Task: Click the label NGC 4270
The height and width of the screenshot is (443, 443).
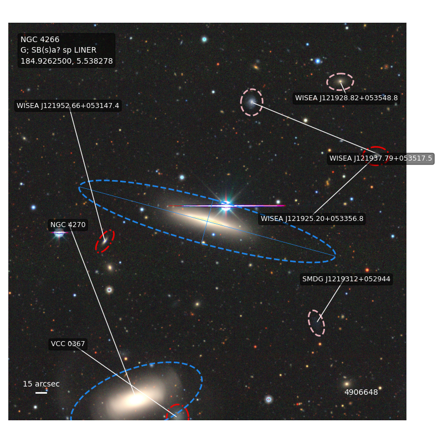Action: tap(68, 225)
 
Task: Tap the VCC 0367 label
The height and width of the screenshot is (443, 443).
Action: tap(68, 344)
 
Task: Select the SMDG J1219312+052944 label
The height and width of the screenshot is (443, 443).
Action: tap(346, 279)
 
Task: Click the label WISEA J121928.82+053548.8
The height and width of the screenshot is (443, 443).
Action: tap(347, 98)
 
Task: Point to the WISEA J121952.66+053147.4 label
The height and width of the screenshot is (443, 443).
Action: tap(68, 106)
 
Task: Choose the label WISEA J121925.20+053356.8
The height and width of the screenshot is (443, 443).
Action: tap(312, 219)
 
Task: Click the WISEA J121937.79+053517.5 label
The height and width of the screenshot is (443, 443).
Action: tap(381, 158)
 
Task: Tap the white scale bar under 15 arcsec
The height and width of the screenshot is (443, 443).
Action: tap(41, 393)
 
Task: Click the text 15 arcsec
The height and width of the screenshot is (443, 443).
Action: tap(41, 384)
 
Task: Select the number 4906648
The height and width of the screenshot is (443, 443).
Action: tap(361, 393)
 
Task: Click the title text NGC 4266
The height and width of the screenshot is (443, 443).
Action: tap(40, 39)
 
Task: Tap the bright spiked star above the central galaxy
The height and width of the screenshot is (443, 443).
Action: tap(226, 205)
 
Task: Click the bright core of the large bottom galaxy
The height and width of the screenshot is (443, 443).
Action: tap(136, 399)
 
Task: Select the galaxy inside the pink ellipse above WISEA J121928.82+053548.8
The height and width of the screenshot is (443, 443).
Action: tap(340, 81)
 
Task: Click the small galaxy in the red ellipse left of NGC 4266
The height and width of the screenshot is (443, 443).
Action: tap(105, 241)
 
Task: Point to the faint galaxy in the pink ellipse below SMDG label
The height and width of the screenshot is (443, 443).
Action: tap(316, 323)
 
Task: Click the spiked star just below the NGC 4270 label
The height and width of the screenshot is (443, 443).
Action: tap(59, 233)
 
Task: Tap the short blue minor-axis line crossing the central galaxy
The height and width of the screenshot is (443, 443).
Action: tap(207, 221)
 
